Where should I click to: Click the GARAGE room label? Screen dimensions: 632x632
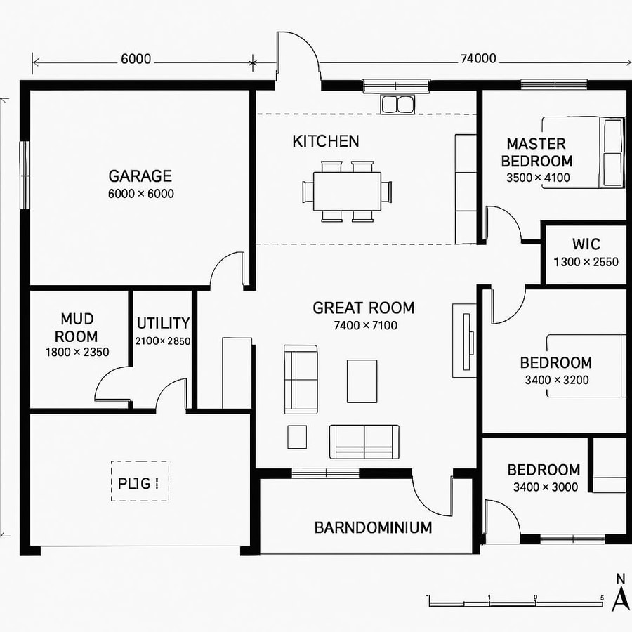click(140, 176)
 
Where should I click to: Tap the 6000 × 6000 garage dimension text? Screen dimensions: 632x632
click(140, 194)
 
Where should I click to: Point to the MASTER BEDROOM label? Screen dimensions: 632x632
click(536, 152)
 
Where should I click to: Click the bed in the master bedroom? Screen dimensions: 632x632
click(612, 153)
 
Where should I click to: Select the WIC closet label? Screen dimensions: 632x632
click(586, 244)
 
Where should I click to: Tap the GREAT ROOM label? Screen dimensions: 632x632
click(363, 308)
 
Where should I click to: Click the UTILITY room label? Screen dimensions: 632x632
click(163, 323)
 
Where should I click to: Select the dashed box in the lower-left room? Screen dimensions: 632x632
click(139, 481)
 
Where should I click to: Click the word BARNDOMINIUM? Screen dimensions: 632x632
click(373, 527)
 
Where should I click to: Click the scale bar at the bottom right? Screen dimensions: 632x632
click(515, 602)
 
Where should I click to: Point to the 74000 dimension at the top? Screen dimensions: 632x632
click(478, 59)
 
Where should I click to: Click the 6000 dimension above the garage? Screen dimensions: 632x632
click(136, 59)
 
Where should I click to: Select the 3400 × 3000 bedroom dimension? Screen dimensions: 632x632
click(545, 487)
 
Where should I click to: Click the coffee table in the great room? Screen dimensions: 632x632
click(362, 381)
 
